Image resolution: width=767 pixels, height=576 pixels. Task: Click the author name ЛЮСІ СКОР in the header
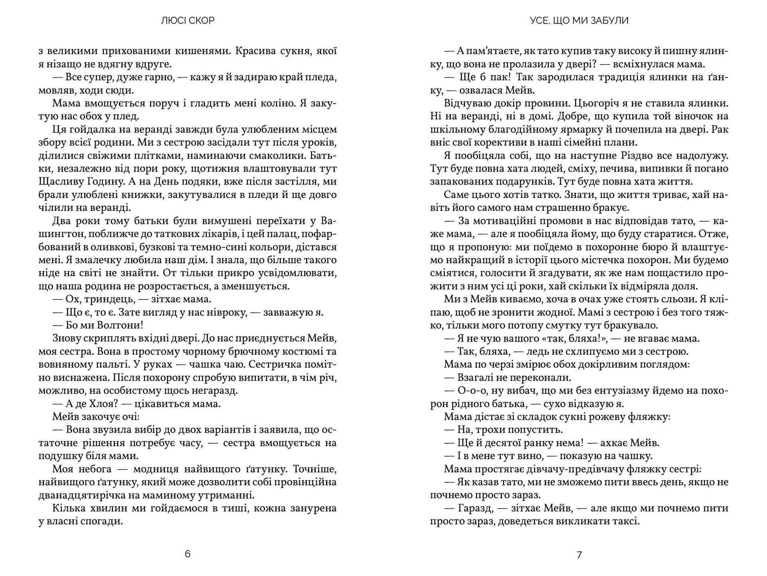click(x=188, y=20)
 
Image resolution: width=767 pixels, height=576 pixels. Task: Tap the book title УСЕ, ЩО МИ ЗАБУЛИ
click(x=579, y=20)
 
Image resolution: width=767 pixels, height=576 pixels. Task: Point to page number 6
click(x=188, y=554)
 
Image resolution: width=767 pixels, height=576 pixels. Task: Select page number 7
click(x=579, y=555)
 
